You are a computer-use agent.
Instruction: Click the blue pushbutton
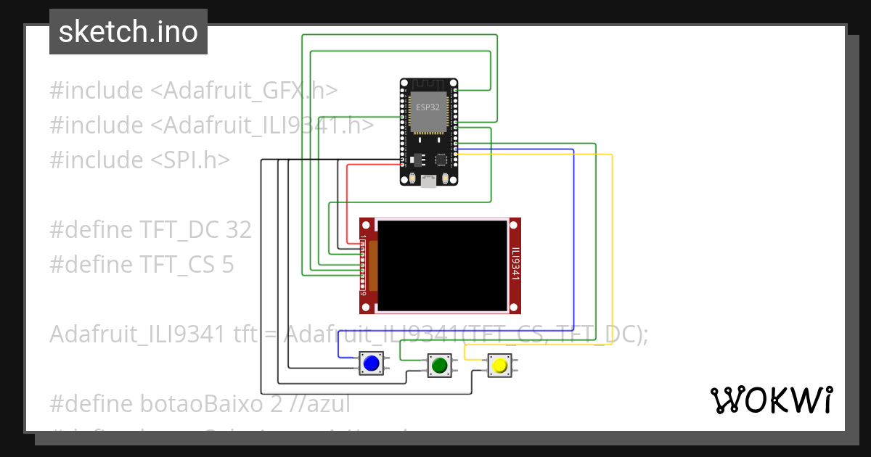coord(372,363)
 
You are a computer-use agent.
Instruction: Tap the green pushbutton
coord(438,365)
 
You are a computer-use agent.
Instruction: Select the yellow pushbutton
coord(499,365)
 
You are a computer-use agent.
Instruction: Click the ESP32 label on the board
coord(428,107)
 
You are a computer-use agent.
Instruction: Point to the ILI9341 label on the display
coord(515,265)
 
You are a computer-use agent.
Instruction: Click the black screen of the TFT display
coord(443,265)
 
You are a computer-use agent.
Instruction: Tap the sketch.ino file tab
coord(128,32)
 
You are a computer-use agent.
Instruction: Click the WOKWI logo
coord(771,400)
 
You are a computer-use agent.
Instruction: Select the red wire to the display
coord(348,203)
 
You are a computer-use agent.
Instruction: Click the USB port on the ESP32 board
coord(428,181)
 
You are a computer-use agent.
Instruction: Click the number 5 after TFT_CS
coord(227,265)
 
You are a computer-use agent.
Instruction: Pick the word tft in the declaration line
coord(245,334)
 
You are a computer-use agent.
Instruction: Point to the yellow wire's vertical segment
coord(613,247)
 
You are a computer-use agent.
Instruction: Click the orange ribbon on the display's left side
coord(374,265)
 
